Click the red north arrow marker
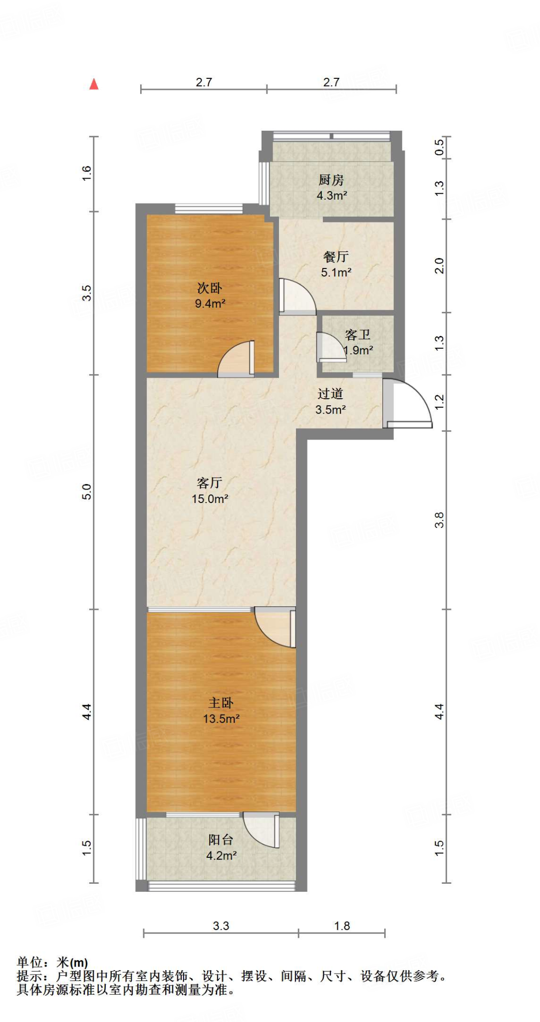point(94,84)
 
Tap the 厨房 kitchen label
point(331,180)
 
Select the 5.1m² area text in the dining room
point(336,272)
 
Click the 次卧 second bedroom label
point(210,288)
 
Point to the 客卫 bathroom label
point(357,334)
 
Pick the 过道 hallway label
point(330,394)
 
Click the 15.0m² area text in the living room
point(210,499)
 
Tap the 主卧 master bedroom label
point(221,703)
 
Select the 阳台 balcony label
point(221,839)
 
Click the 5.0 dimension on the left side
point(87,492)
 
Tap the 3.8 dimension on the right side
point(439,519)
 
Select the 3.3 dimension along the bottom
point(221,926)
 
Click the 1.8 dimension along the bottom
point(342,926)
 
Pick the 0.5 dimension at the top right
point(439,147)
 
